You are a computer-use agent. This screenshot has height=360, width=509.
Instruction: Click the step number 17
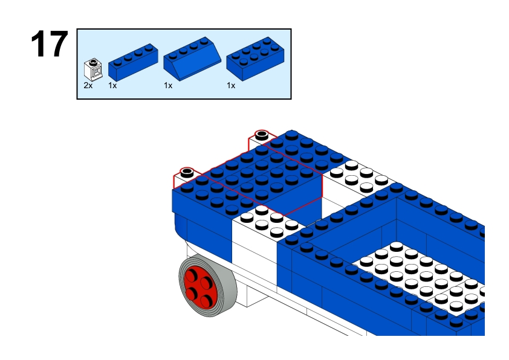50,44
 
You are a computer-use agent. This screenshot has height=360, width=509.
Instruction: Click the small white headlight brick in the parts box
93,69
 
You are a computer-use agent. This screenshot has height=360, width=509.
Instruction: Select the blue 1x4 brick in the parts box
133,62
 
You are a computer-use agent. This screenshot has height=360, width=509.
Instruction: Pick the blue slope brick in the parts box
192,59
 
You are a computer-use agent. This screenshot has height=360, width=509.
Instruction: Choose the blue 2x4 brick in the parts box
255,59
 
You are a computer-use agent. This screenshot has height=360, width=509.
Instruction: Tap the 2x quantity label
88,85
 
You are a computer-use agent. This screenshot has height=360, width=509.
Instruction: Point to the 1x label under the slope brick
168,85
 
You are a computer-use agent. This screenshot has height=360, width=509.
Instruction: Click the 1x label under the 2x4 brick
231,85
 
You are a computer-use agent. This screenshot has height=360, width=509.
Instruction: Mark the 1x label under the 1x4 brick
112,85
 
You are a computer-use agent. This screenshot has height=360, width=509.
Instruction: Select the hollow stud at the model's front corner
187,172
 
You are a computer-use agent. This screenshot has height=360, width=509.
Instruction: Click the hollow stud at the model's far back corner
262,135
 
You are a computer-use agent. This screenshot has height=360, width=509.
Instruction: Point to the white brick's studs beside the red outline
269,221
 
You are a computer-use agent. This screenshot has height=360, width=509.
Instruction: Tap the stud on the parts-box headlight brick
93,61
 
